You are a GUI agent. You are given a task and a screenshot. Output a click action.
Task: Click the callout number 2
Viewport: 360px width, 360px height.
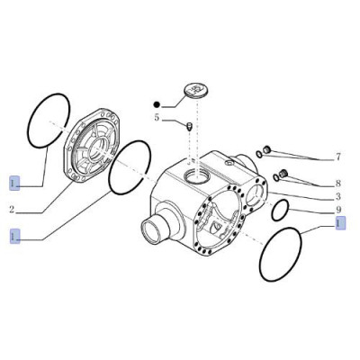[12, 210]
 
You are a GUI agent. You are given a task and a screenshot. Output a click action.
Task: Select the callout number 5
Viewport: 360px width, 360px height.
[156, 118]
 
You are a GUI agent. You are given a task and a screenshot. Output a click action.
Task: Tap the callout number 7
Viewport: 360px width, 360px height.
[338, 157]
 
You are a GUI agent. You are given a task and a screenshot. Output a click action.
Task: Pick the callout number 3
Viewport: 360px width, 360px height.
[338, 194]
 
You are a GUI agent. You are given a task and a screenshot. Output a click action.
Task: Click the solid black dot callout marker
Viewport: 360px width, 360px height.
[156, 103]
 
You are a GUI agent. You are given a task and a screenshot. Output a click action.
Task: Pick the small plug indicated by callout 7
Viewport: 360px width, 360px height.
[267, 148]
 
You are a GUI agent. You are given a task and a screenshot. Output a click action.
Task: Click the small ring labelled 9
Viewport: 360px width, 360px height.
[280, 210]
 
